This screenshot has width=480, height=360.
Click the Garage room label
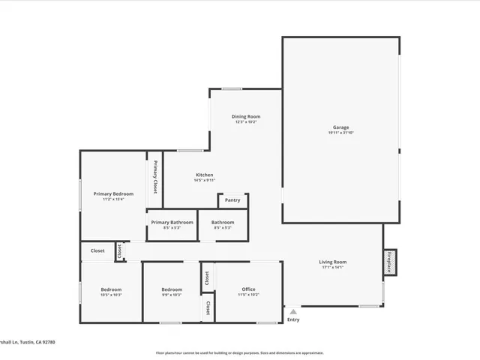click(340, 127)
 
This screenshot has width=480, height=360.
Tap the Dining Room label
click(246, 116)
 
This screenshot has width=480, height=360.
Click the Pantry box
click(232, 200)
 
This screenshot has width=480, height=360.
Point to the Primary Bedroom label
click(113, 193)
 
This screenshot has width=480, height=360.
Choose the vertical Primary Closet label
click(155, 178)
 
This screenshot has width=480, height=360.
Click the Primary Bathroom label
click(172, 222)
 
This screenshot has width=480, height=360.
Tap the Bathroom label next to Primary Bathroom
click(222, 222)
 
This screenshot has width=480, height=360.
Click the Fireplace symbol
click(390, 262)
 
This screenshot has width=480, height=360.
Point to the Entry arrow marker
click(293, 311)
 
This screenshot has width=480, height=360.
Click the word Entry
click(293, 320)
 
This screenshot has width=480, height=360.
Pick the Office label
click(248, 289)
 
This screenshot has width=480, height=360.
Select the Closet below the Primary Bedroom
click(97, 251)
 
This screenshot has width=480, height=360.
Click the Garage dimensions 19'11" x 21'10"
click(340, 133)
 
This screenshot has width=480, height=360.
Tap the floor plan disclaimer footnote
click(239, 352)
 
